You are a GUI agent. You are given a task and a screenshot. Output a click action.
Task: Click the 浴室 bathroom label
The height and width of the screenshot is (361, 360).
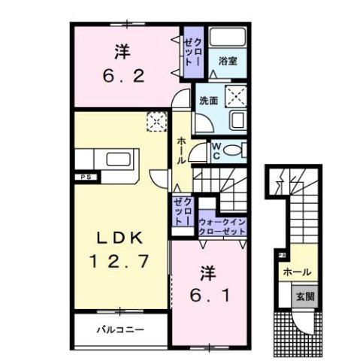coord(227,61)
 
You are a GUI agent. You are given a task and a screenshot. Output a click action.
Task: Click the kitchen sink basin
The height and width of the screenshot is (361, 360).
coord(119,159)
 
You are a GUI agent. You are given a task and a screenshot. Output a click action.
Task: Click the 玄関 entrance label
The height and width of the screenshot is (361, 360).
coord(304,296)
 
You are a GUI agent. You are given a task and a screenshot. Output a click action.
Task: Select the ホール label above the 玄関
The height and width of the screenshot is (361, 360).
coord(298,272)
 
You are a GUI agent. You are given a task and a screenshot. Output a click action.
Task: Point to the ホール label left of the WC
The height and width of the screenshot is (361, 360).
coord(181,150)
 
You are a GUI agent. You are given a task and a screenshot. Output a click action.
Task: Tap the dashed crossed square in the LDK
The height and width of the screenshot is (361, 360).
coord(156,120)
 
